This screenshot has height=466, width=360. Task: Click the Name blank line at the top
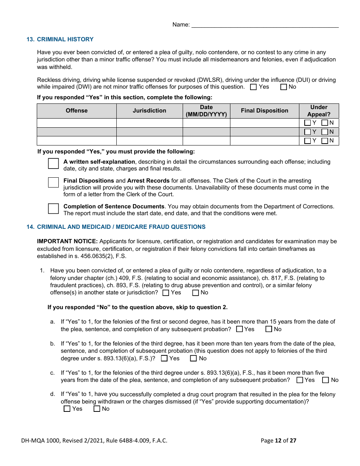[x=265, y=25]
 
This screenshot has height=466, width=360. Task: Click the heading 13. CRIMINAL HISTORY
[x=60, y=39]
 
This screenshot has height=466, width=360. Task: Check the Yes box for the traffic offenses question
[x=254, y=87]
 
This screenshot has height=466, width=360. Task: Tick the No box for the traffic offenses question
[x=283, y=87]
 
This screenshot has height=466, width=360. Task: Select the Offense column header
[x=77, y=111]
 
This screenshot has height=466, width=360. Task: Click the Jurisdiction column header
[x=149, y=111]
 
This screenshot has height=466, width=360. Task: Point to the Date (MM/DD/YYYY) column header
[x=206, y=111]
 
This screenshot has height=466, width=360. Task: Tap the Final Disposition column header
[x=265, y=111]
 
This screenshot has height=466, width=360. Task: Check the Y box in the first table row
[x=307, y=123]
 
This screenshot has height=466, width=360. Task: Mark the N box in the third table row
[x=325, y=141]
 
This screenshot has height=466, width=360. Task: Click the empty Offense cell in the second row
[x=77, y=132]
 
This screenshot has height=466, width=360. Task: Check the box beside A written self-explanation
[x=53, y=164]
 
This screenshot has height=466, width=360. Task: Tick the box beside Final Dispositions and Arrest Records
[x=53, y=182]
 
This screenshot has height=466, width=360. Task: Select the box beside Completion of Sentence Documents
[x=53, y=208]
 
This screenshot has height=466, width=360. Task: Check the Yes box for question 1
[x=166, y=293]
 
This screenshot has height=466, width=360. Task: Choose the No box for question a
[x=269, y=329]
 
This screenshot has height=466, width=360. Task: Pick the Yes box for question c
[x=300, y=380]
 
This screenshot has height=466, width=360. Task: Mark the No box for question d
[x=97, y=409]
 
